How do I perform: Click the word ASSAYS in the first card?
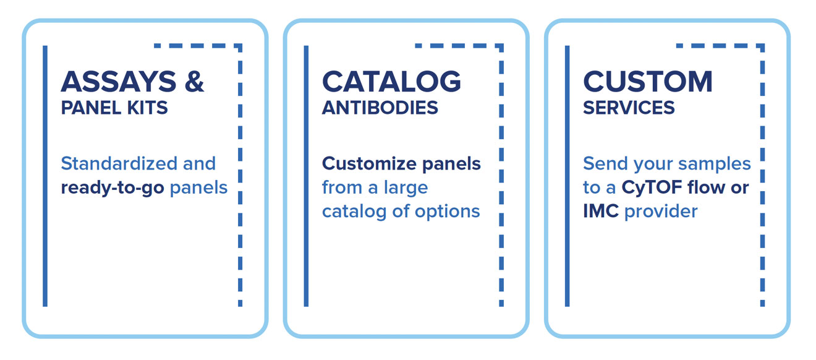[x=119, y=81]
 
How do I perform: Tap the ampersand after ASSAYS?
[x=194, y=81]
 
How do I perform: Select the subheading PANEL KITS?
[x=114, y=108]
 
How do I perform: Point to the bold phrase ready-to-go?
[x=113, y=188]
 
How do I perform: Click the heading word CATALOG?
[x=391, y=81]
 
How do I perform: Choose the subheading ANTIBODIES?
[x=380, y=108]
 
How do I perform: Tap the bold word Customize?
[x=369, y=163]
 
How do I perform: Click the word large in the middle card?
[x=406, y=188]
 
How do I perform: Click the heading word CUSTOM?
[x=648, y=81]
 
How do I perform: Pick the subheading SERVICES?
[x=629, y=108]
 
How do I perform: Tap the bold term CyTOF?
[x=652, y=188]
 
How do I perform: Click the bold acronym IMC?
[x=601, y=212]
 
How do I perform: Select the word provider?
[x=661, y=212]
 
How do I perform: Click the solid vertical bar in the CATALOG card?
[x=306, y=176]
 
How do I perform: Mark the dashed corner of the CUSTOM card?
[x=762, y=46]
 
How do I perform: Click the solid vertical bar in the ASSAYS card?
[x=45, y=176]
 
